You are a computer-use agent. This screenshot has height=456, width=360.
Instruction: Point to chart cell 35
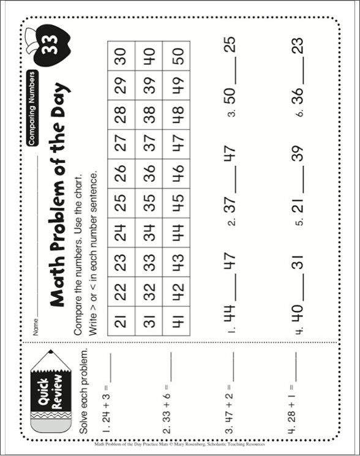coord(149,203)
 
